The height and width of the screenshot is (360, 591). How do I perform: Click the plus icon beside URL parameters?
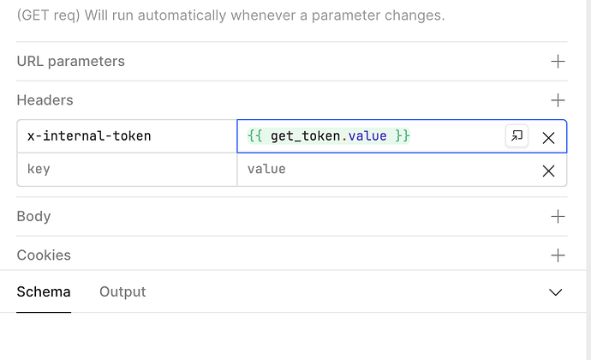coord(558,62)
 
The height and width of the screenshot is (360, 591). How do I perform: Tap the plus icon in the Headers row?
coord(558,100)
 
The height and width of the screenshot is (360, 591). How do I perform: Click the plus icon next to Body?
coord(558,217)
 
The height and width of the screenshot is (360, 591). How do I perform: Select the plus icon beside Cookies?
coord(558,255)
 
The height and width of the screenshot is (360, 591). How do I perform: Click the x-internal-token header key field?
coord(127,136)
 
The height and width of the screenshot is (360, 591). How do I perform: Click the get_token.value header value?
coord(329,135)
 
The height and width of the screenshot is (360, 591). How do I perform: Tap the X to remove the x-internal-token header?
coord(548,138)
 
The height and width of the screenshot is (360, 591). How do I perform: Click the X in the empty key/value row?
coord(548,171)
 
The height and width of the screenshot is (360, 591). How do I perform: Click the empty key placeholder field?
coord(127,170)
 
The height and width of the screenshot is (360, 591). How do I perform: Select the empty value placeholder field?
coord(388,170)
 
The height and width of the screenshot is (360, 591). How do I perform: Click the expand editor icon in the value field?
coord(516,135)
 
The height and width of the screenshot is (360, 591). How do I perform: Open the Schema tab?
coord(44,292)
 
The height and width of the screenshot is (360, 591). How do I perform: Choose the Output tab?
coord(122,292)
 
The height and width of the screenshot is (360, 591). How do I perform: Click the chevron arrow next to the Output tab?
coord(556,292)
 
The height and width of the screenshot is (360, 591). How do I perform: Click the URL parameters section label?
coord(71,62)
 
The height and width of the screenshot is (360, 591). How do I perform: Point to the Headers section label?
coord(45,100)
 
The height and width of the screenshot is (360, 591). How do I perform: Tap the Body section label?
coord(33,217)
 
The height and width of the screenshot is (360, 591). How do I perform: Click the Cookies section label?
coord(44,255)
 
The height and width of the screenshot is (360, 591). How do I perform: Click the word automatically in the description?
coord(182,15)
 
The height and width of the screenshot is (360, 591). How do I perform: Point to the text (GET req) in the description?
coord(49,15)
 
